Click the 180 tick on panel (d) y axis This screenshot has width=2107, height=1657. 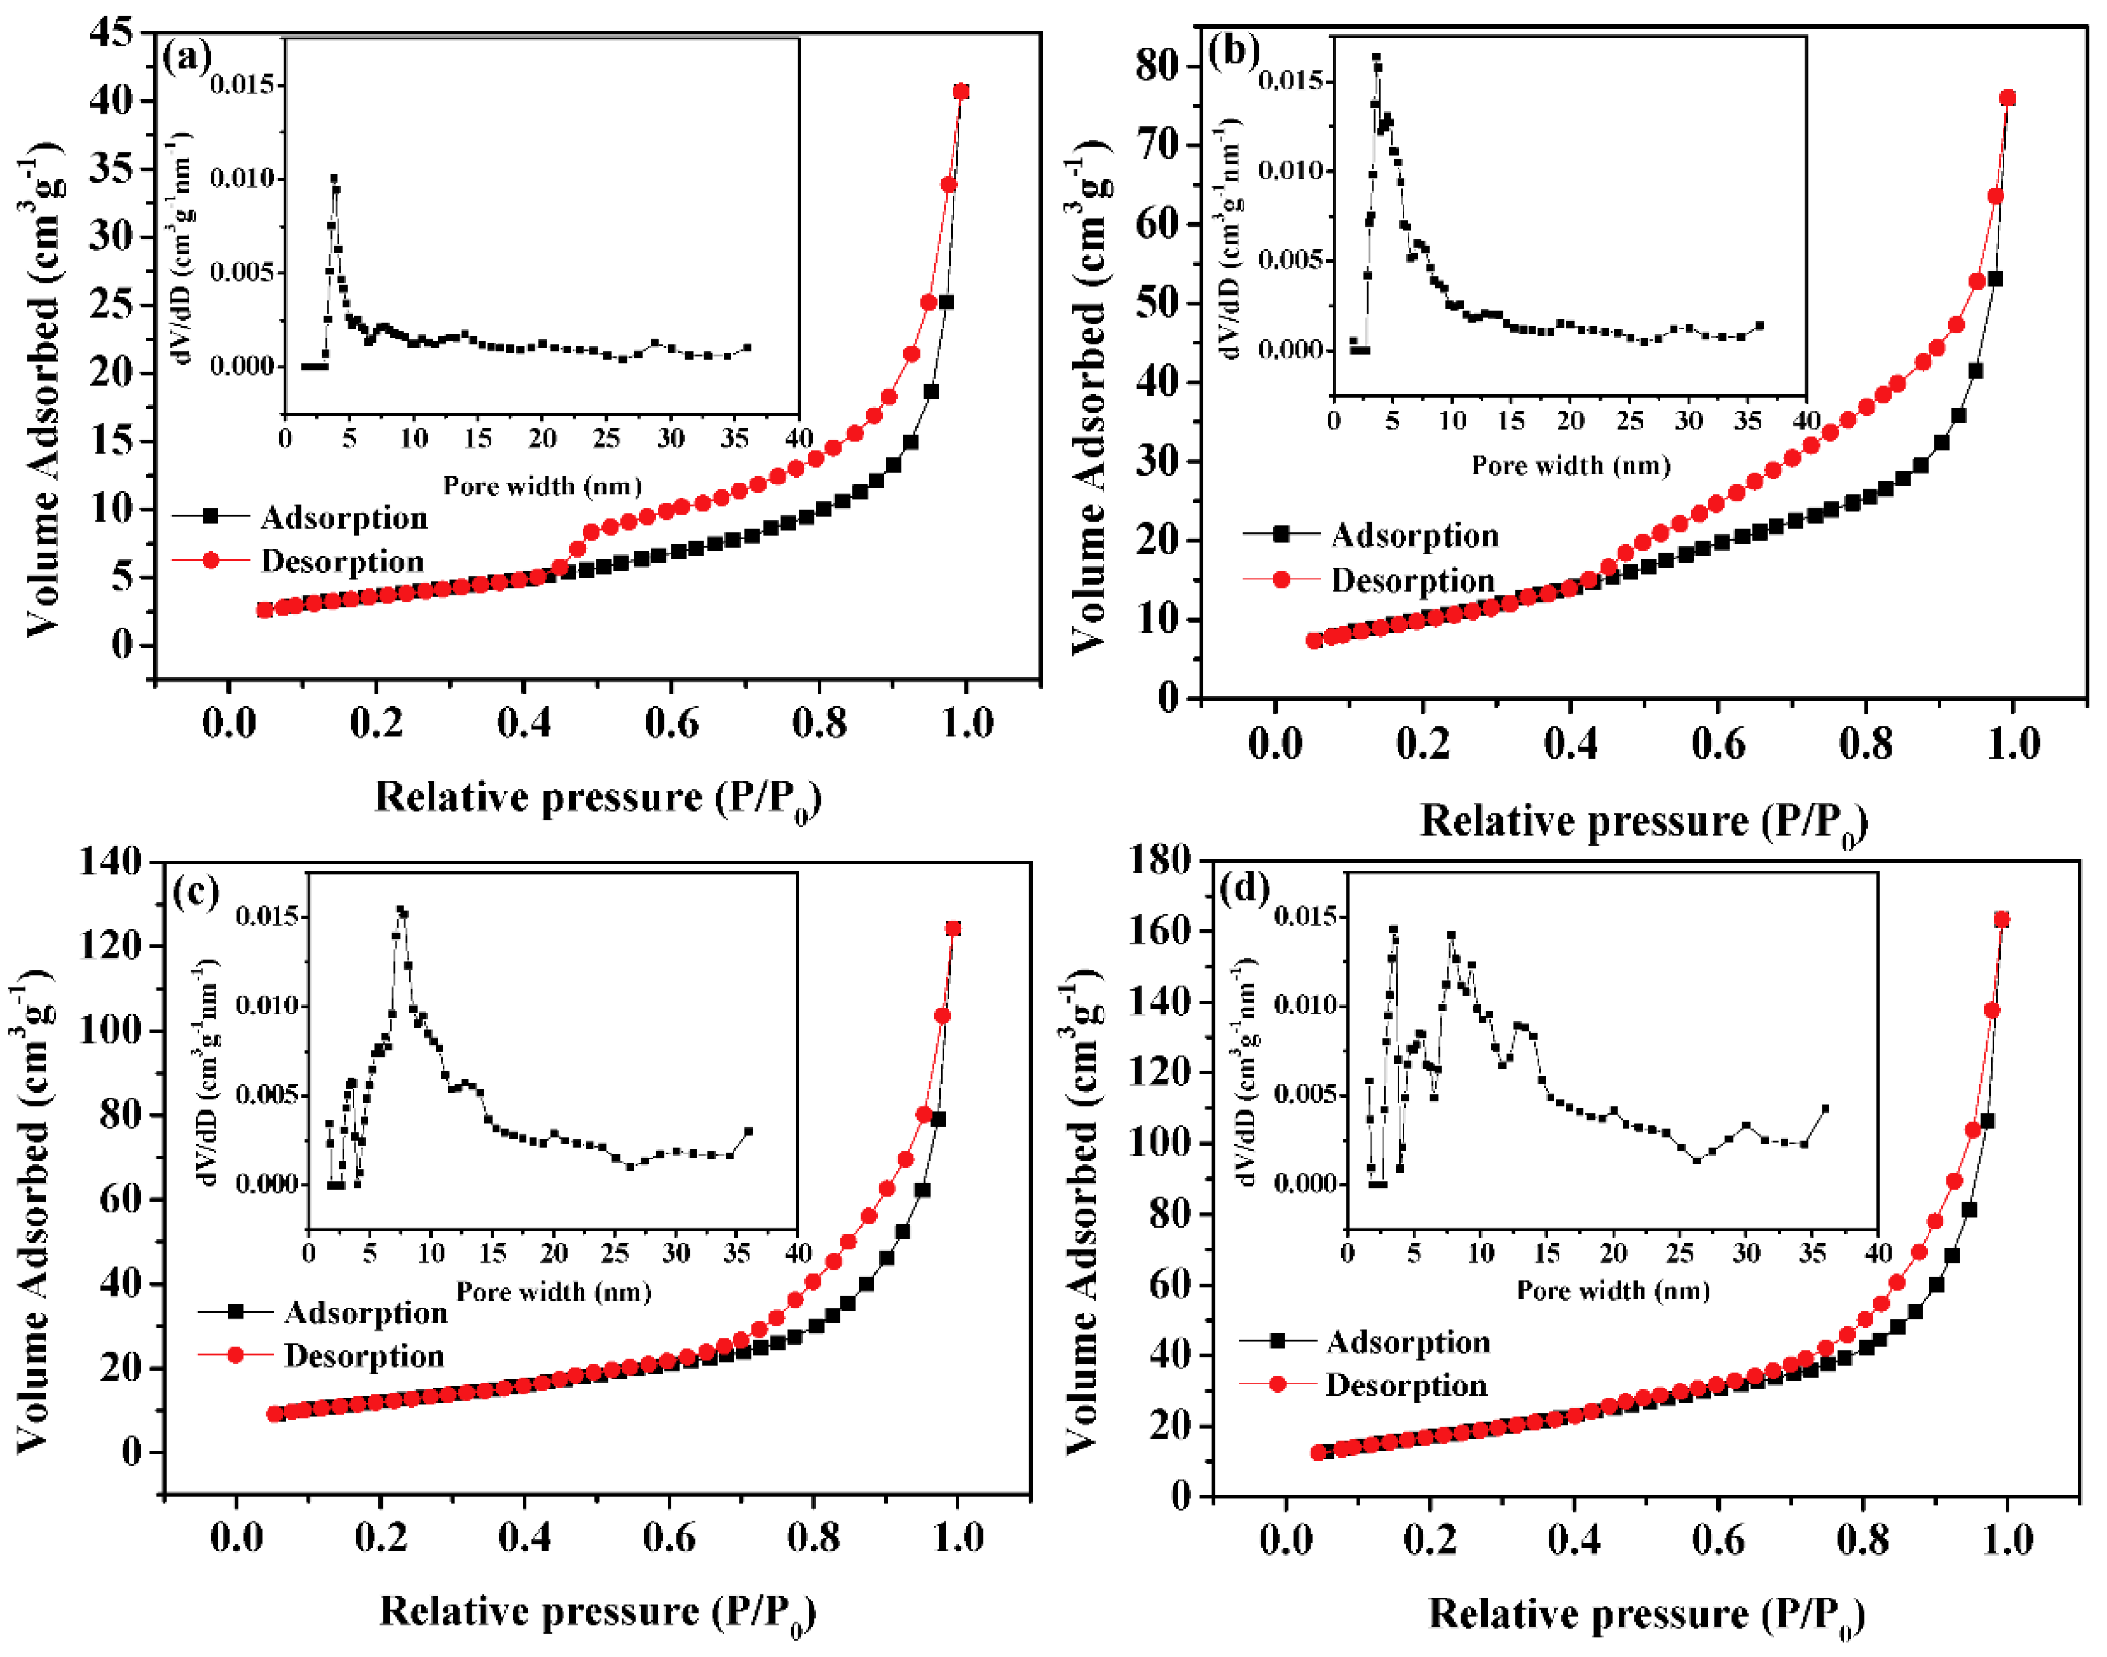tap(1160, 859)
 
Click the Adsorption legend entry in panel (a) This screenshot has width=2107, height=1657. tap(343, 518)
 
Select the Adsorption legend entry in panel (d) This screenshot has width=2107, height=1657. tap(1406, 1342)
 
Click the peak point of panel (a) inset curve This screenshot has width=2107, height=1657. tap(334, 179)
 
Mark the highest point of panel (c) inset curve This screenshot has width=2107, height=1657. tap(399, 910)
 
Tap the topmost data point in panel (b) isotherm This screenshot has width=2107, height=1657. tap(2007, 98)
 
